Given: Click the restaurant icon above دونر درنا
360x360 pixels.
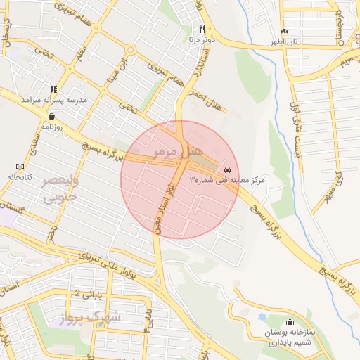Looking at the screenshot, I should [202, 29].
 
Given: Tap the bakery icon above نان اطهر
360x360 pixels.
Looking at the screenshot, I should [284, 32].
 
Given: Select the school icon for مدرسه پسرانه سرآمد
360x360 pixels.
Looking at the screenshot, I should [53, 89].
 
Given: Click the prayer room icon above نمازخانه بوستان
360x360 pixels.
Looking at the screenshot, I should [290, 322].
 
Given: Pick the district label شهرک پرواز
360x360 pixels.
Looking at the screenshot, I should [94, 316].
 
